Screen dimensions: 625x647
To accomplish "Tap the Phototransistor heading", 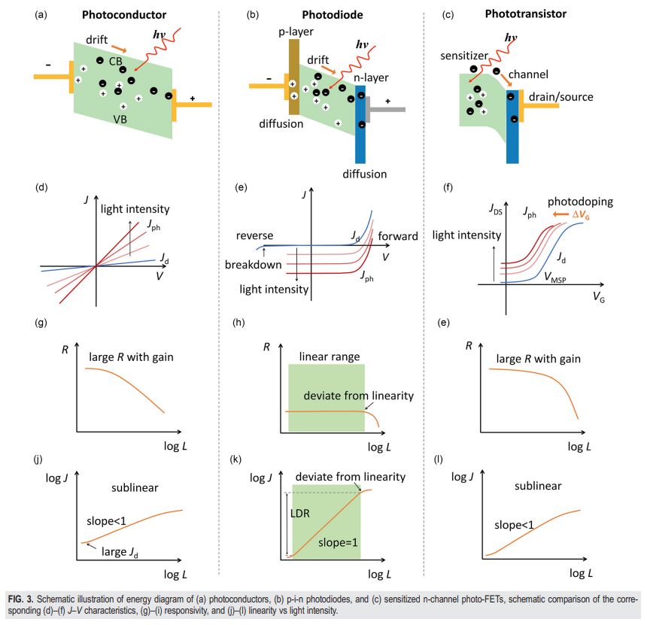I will [x=537, y=14].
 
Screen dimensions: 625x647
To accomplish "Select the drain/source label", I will [x=562, y=97].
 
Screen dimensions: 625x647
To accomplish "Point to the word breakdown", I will [x=253, y=265].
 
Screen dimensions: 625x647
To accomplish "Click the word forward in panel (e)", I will [x=397, y=236].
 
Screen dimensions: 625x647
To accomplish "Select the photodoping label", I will [x=580, y=202].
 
